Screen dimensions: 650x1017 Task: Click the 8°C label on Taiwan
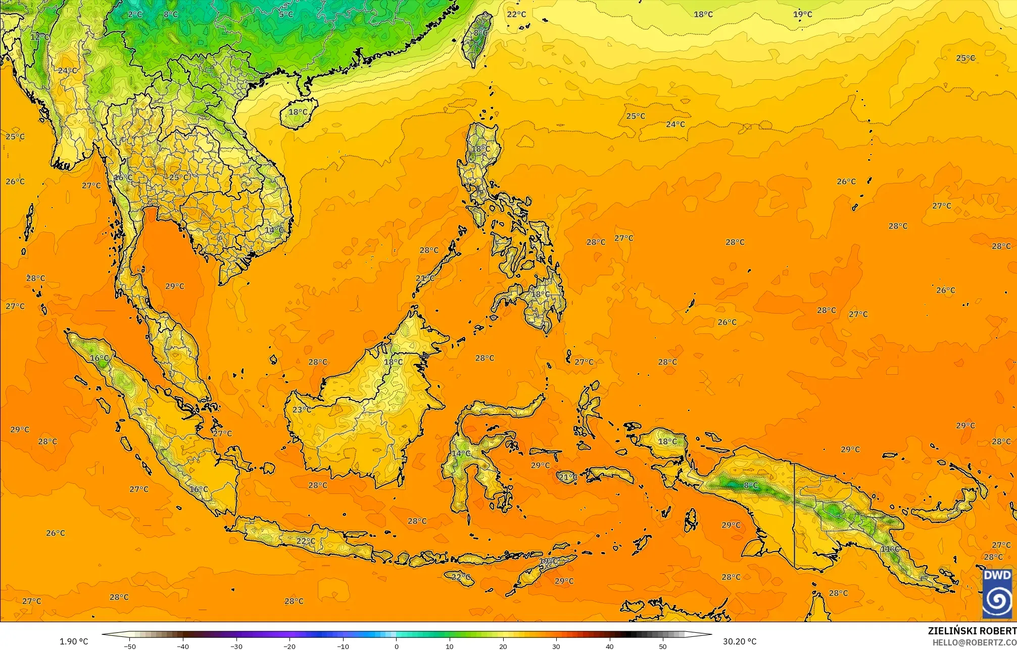coord(480,33)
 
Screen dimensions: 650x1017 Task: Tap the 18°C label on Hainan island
coord(298,112)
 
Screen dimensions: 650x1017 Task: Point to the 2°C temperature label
coord(135,14)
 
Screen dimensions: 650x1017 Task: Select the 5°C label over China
coord(286,14)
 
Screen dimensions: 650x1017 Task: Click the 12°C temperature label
coord(39,37)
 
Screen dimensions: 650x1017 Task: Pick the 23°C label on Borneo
coord(302,410)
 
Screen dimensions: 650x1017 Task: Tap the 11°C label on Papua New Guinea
coord(890,549)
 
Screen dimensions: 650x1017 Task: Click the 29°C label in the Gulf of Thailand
coord(175,286)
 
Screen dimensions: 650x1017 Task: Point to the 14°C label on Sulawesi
coord(461,454)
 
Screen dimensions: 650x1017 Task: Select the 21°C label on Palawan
coord(425,278)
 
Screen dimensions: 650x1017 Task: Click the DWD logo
coord(997,593)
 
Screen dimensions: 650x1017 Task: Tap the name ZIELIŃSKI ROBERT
coord(972,631)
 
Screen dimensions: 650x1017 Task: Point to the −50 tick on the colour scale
coord(130,646)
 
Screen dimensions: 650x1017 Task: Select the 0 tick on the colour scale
coord(397,646)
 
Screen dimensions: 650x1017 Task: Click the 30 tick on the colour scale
coord(556,646)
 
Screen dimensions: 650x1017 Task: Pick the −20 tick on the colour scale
coord(289,646)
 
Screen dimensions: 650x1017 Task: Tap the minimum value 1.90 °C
coord(74,641)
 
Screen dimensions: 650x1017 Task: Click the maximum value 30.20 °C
coord(739,641)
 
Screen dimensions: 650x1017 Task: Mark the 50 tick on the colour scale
coord(663,646)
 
